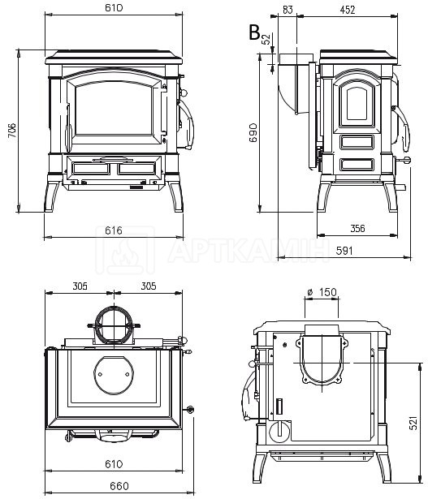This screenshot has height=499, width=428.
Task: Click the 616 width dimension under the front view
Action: (114, 230)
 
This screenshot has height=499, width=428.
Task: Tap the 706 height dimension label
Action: (12, 130)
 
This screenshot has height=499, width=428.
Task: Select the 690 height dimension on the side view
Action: (253, 132)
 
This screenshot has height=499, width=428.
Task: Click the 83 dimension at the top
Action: (287, 10)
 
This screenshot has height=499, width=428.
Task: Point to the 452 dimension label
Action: (347, 10)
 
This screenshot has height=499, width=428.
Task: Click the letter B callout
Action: (254, 32)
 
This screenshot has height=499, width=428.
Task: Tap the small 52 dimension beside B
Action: (266, 39)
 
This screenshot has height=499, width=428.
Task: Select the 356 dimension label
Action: (357, 228)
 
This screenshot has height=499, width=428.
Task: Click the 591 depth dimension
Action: (344, 251)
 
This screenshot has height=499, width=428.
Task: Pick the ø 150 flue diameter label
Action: (322, 292)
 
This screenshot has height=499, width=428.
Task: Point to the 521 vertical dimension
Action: (413, 423)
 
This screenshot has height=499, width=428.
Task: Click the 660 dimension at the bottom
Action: (119, 486)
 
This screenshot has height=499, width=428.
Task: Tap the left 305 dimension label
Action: (80, 286)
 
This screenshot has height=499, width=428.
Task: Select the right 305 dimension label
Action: (149, 286)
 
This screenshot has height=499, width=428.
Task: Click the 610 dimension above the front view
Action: (114, 7)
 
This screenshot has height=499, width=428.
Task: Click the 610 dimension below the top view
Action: (114, 464)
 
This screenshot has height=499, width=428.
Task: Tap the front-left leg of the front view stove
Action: (52, 196)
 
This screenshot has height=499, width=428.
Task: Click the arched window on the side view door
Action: (357, 103)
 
